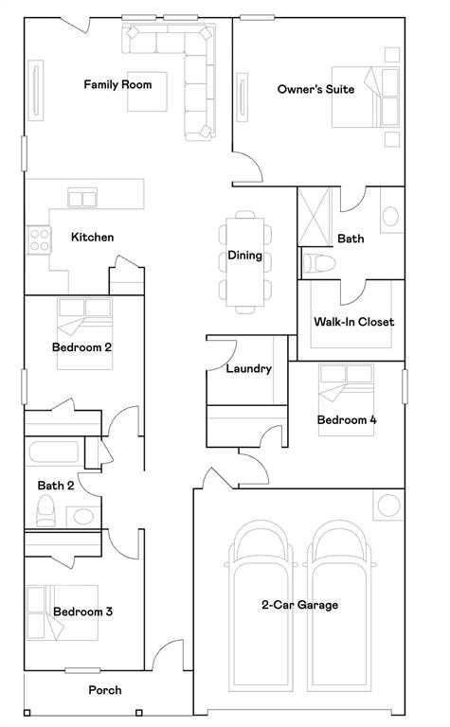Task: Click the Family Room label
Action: (x=117, y=85)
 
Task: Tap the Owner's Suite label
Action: (x=315, y=89)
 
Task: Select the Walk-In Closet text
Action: (x=353, y=322)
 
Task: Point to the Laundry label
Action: (x=249, y=369)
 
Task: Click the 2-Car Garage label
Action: (x=299, y=605)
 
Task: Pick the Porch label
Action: (x=105, y=690)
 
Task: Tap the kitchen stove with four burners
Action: (x=38, y=239)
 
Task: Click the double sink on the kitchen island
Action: (x=82, y=198)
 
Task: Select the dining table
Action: (x=245, y=262)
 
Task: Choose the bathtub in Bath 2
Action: (x=54, y=454)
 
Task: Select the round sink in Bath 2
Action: (x=83, y=517)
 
